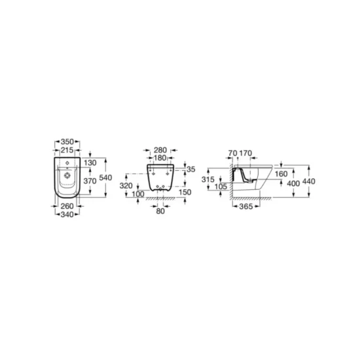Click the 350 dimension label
(67, 141)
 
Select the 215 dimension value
(67, 150)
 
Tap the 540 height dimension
(105, 177)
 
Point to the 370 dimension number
(90, 181)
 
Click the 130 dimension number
(90, 163)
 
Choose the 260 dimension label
(67, 206)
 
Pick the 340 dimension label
(67, 215)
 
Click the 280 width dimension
(160, 150)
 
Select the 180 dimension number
(160, 158)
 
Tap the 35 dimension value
(190, 170)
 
